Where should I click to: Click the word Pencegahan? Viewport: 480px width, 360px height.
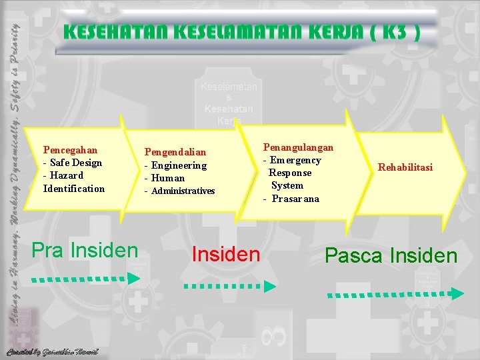[x=70, y=150]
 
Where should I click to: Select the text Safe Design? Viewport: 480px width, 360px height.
[x=75, y=163]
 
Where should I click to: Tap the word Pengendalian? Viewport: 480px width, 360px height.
[x=175, y=153]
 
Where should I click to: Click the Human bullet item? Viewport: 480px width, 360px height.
[x=168, y=178]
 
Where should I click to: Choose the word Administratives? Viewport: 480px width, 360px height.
[x=183, y=191]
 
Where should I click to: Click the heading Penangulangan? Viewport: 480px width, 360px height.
[x=298, y=147]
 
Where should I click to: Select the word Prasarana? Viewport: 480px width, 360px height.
[x=295, y=199]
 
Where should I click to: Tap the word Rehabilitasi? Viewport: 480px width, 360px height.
[x=405, y=167]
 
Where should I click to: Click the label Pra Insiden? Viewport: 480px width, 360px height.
[x=85, y=251]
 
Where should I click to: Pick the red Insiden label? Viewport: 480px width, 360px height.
[x=225, y=254]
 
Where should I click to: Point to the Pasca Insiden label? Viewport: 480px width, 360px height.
[x=391, y=255]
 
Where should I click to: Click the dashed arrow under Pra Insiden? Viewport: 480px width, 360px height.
[x=86, y=278]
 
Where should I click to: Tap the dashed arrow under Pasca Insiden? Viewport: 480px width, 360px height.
[x=395, y=293]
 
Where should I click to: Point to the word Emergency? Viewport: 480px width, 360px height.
[x=295, y=160]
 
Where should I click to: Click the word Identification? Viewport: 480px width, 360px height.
[x=74, y=189]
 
